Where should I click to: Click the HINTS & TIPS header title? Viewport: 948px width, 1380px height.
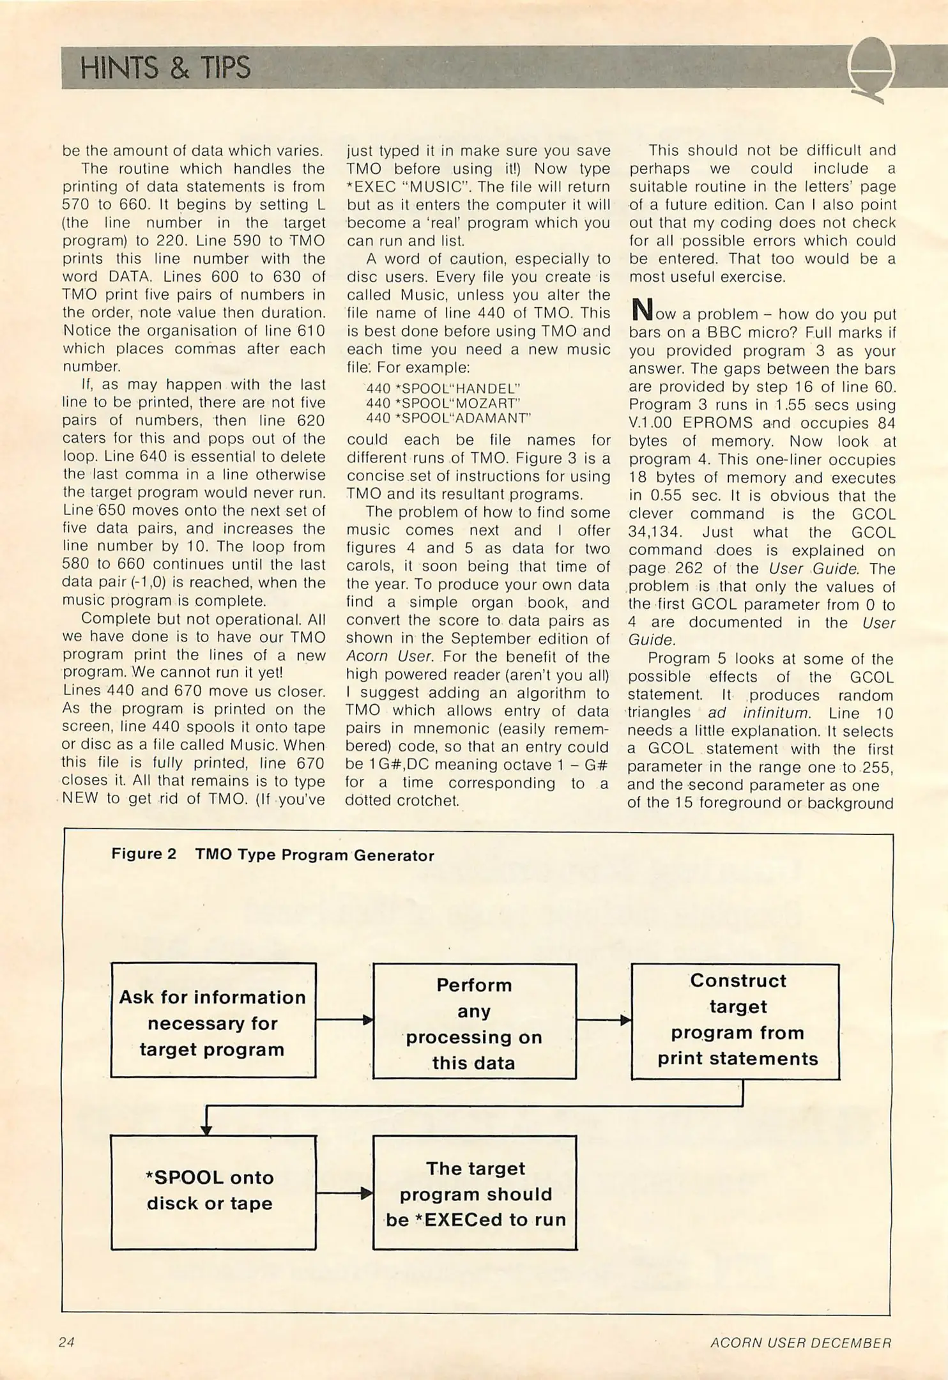pos(165,68)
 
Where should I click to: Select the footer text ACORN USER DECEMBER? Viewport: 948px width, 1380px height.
pos(800,1343)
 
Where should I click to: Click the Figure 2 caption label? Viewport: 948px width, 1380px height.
pos(272,855)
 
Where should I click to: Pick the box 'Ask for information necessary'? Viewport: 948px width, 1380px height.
pos(213,1023)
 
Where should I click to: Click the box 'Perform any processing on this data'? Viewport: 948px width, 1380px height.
pos(474,1023)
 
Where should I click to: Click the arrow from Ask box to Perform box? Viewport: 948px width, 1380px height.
pos(344,1020)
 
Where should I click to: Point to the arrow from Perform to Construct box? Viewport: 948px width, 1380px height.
pos(604,1020)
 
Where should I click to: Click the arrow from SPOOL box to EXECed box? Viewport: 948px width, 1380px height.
pos(344,1193)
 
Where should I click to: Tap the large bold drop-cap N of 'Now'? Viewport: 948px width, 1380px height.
pos(640,311)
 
